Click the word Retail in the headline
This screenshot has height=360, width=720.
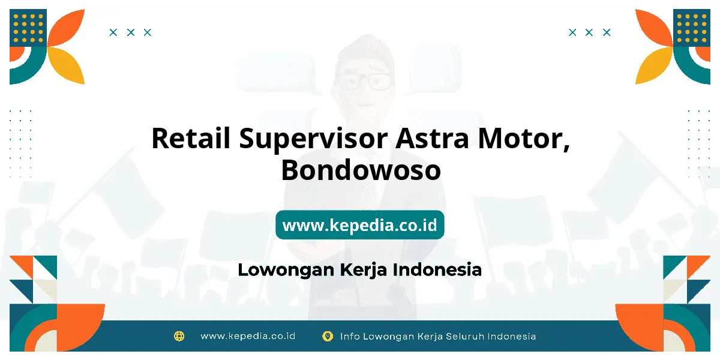coord(191,138)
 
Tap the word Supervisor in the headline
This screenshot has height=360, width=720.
coord(313,139)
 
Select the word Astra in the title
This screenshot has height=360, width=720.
coord(432,138)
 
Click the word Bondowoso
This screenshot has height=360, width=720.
coord(361,170)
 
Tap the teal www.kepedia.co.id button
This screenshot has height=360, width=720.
coord(359,224)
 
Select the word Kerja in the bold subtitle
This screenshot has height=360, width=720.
coord(364,270)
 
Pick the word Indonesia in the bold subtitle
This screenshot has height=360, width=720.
coord(437,269)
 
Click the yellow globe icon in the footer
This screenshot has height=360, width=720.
coord(179,336)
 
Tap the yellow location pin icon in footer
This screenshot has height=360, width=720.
coord(328,336)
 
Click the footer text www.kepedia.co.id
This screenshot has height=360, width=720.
coord(248,336)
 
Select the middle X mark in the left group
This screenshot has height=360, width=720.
coord(131,32)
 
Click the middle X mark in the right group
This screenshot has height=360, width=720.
coord(589,32)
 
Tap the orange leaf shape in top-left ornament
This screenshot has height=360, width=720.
coord(66,28)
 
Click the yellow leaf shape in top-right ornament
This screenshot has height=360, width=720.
coord(654,65)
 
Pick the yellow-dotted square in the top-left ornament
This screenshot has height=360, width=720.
coord(28,28)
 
